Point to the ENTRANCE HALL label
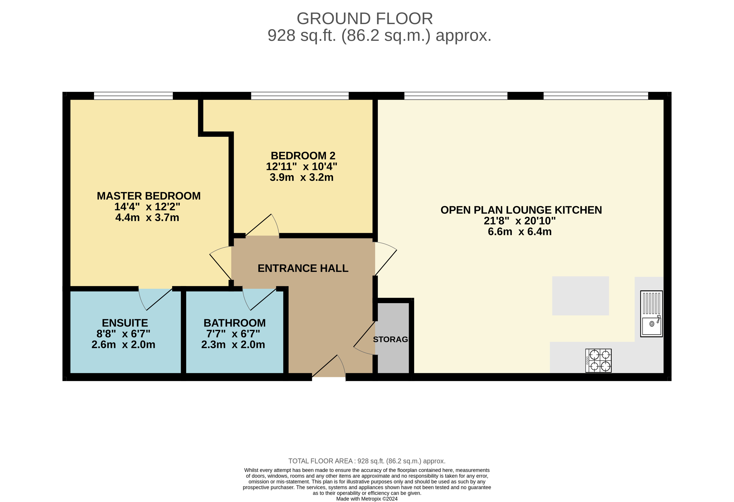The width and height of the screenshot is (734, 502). (303, 268)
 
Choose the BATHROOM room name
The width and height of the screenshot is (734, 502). (234, 323)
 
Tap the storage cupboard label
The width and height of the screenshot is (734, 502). (391, 339)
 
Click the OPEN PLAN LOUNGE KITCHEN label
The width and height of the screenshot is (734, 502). (521, 210)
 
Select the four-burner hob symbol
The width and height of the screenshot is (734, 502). (598, 361)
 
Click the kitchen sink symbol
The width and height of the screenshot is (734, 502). (651, 314)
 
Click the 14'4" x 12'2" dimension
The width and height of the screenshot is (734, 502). (147, 207)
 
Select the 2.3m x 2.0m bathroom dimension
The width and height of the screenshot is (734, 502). (233, 344)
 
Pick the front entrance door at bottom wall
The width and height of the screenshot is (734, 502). (329, 367)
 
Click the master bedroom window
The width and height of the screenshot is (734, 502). (133, 96)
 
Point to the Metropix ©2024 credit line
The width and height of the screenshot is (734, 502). (367, 499)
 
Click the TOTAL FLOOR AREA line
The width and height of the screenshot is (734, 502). (367, 461)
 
